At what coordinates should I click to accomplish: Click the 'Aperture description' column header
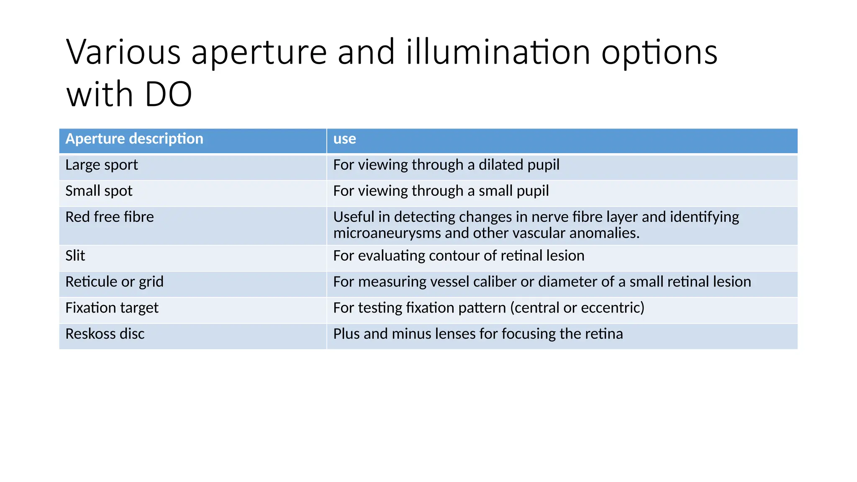click(134, 139)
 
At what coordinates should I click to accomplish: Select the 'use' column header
click(344, 139)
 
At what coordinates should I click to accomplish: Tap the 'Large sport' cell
click(102, 165)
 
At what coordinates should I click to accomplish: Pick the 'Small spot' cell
click(99, 191)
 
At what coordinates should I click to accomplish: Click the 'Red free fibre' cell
click(110, 217)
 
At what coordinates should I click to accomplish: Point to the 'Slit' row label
click(75, 256)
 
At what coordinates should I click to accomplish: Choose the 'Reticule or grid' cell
click(114, 282)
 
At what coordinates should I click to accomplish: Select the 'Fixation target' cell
click(112, 308)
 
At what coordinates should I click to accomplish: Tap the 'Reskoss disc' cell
click(105, 334)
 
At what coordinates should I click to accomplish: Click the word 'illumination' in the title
click(498, 52)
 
